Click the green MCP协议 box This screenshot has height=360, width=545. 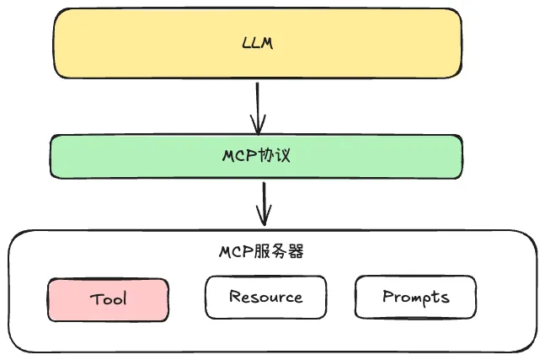click(126, 157)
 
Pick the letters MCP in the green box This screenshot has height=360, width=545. click(238, 157)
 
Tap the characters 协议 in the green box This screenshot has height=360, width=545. click(273, 157)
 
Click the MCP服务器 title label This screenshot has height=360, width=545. click(261, 251)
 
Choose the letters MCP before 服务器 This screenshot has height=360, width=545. click(238, 251)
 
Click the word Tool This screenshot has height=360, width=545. click(108, 300)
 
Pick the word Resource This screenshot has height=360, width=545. click(265, 297)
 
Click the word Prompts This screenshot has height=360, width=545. click(415, 297)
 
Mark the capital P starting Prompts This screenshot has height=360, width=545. click(388, 296)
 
